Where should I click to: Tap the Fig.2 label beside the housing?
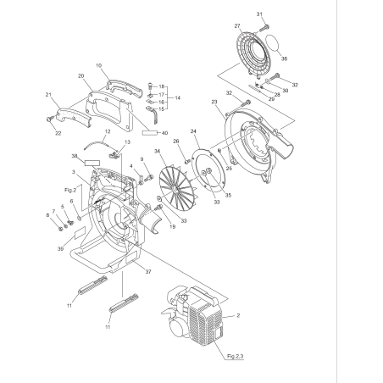coord(70,191)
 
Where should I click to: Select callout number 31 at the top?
coord(260,14)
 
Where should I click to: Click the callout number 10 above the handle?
coord(99,64)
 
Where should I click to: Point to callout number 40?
coord(164,132)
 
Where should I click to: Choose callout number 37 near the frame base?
coord(149,272)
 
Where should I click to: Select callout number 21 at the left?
coord(48,94)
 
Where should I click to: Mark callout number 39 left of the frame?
coord(60,249)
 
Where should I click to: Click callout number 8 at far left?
coord(48,215)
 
